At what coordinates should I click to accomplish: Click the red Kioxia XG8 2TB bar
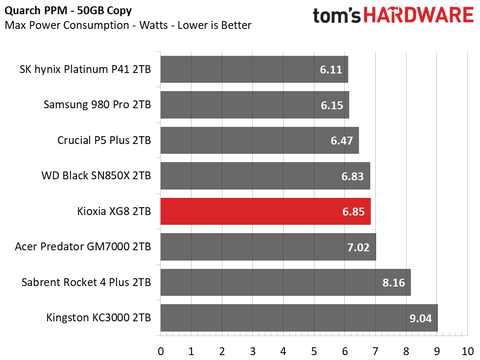tap(265, 211)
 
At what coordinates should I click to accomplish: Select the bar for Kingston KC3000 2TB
tap(299, 318)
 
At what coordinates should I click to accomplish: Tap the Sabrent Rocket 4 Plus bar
tap(286, 282)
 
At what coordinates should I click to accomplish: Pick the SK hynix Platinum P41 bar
tap(254, 69)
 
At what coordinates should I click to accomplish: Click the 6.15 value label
tap(332, 105)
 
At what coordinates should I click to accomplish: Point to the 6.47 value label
tap(342, 141)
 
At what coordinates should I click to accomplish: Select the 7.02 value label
tap(359, 247)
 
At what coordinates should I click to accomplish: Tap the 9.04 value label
tap(421, 318)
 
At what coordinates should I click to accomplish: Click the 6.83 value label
tap(353, 176)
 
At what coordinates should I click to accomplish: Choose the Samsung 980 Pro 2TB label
tap(97, 105)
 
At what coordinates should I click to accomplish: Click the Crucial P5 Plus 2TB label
tap(104, 140)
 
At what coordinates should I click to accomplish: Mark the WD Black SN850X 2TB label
tap(96, 176)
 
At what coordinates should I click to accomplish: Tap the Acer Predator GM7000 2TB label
tap(83, 246)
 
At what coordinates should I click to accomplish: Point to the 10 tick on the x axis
tap(467, 352)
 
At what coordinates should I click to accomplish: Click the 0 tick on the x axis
tap(161, 352)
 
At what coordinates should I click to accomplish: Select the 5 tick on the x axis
tap(314, 352)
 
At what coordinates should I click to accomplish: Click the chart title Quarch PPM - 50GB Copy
tap(68, 11)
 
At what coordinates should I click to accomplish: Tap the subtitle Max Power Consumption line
tap(128, 25)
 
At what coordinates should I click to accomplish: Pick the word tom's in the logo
tap(337, 16)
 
